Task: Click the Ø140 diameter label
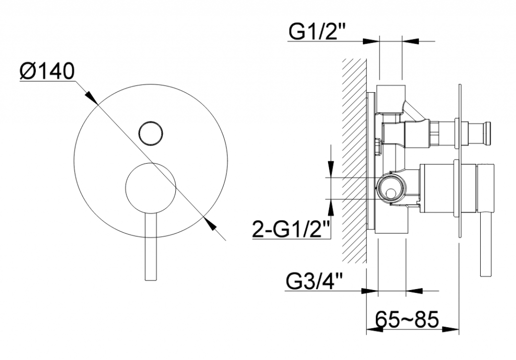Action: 47,72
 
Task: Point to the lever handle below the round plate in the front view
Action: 151,247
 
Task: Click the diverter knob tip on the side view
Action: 487,132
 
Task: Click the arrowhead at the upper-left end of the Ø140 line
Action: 91,98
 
